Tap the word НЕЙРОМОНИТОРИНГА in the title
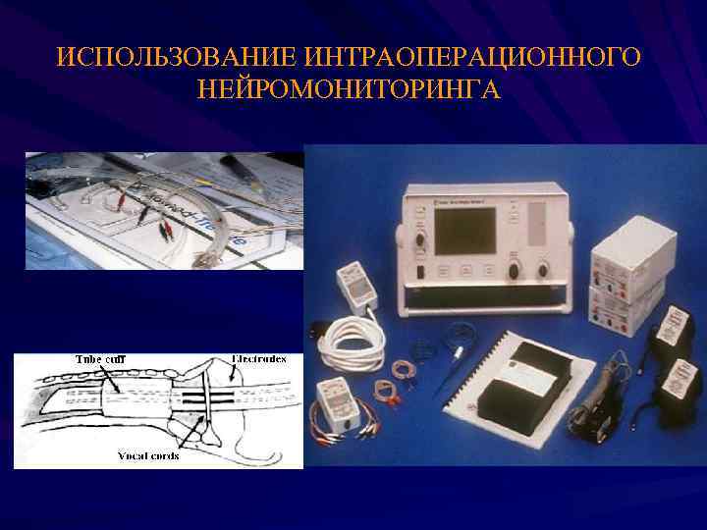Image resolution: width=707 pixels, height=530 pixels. click(x=349, y=91)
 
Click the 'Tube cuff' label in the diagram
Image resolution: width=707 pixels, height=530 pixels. click(x=102, y=359)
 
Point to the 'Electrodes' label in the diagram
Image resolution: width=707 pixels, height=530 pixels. click(x=259, y=359)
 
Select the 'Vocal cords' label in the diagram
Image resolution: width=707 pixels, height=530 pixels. click(x=148, y=456)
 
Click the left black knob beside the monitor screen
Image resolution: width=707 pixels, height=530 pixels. click(x=421, y=239)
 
